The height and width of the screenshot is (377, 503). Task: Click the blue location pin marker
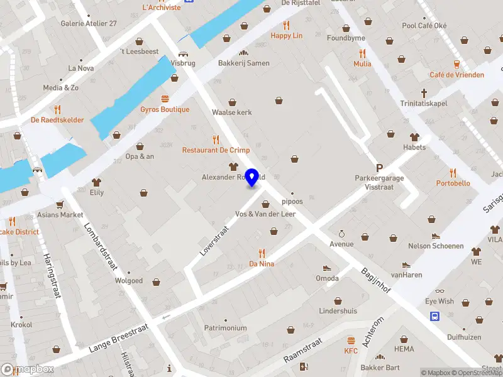(x=252, y=177)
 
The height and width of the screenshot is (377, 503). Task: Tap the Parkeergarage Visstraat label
(x=379, y=182)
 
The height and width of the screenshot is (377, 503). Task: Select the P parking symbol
(x=379, y=168)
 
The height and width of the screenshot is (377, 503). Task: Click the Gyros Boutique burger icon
(x=165, y=99)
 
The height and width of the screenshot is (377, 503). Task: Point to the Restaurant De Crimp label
(x=216, y=150)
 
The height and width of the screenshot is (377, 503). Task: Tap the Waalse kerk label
(x=231, y=112)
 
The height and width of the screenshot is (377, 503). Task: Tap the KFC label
(x=351, y=351)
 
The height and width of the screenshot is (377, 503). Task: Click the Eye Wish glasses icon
(x=439, y=291)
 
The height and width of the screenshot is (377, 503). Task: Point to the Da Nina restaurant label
(x=262, y=264)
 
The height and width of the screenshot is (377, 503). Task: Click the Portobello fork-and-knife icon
(x=453, y=173)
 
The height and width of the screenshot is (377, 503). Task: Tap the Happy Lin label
(x=287, y=36)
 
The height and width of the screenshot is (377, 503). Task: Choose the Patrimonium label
(x=225, y=328)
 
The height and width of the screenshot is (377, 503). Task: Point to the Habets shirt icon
(x=414, y=137)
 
